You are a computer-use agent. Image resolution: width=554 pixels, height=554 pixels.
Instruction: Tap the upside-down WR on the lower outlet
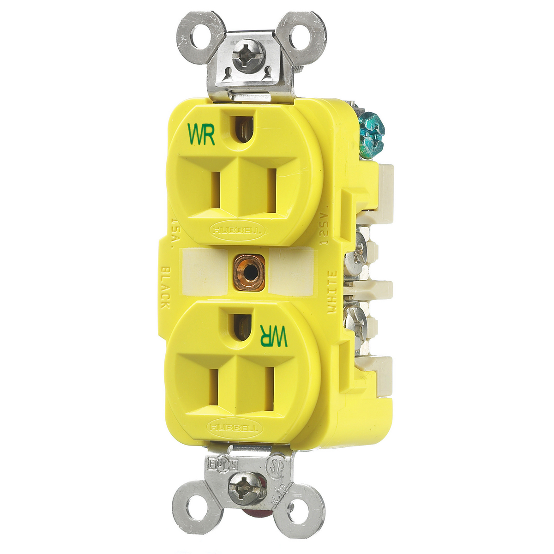tap(274, 335)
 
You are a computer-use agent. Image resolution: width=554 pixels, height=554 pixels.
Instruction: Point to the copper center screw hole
tap(249, 273)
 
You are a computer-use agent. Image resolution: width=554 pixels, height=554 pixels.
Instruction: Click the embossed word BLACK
tap(165, 288)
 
